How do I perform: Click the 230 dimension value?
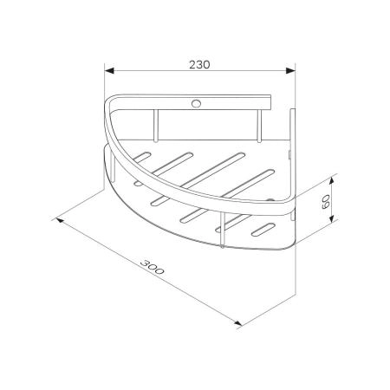(x=199, y=65)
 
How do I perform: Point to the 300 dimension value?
(x=153, y=267)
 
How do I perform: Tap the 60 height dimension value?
(x=326, y=202)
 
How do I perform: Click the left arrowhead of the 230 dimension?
(x=109, y=70)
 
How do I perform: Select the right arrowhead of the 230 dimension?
(x=290, y=70)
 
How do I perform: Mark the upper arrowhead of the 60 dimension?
(x=332, y=181)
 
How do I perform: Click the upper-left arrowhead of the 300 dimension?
(x=60, y=221)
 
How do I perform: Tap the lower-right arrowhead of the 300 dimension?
(x=237, y=323)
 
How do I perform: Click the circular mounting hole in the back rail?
(x=196, y=103)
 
